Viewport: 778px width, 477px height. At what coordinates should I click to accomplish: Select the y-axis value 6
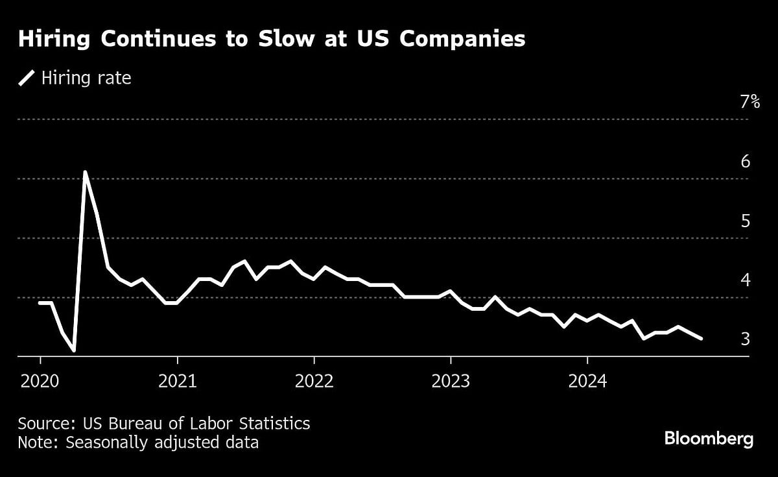[x=746, y=161]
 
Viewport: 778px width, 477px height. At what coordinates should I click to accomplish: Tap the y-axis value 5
[x=746, y=221]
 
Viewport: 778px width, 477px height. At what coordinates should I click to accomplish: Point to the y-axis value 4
[x=746, y=280]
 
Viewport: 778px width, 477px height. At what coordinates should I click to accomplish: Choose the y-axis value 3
[x=746, y=339]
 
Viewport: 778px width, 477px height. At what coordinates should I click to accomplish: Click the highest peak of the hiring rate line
[x=85, y=172]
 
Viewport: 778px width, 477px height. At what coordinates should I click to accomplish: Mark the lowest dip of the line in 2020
[x=74, y=350]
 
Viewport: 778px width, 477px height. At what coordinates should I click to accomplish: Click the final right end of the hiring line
[x=701, y=338]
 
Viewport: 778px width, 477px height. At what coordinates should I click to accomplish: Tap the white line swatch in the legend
[x=27, y=79]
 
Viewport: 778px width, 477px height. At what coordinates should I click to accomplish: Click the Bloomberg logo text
[x=709, y=439]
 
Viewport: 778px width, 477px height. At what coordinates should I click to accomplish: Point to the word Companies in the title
[x=462, y=40]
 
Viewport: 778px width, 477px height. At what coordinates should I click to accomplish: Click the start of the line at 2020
[x=40, y=303]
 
